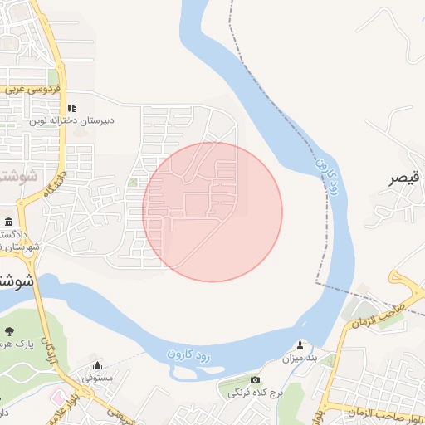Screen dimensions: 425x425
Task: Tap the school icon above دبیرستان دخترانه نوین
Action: coord(71,108)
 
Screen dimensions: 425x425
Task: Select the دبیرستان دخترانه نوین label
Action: coord(72,120)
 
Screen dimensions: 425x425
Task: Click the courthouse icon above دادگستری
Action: coord(8,222)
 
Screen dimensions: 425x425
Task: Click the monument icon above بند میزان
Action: coord(300,345)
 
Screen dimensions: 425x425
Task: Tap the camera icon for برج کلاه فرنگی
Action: coord(255,379)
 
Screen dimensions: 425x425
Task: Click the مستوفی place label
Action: coord(99,378)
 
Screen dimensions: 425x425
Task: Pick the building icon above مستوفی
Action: coord(98,365)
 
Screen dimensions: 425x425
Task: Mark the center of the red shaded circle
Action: coord(212,212)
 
